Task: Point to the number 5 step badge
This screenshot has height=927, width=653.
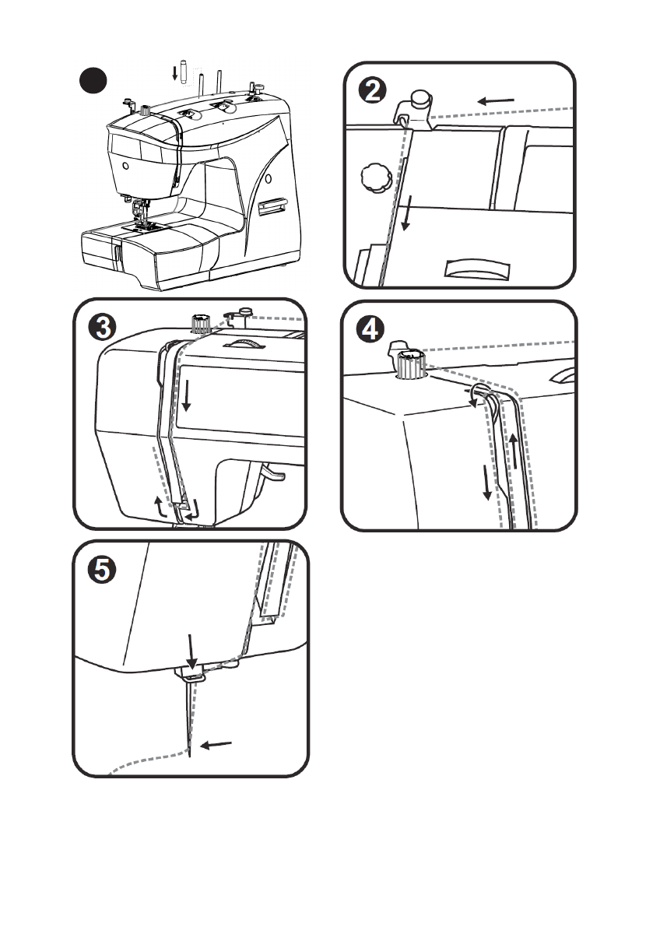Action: coord(102,569)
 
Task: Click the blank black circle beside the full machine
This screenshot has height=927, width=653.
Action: coord(93,80)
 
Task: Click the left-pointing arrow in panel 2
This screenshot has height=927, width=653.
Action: coord(495,100)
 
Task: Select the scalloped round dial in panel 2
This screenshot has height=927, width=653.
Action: coord(373,178)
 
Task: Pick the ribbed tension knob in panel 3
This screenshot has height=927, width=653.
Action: coord(202,321)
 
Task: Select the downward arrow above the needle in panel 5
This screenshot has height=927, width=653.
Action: coord(192,650)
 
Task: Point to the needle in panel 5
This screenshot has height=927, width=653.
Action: coord(188,716)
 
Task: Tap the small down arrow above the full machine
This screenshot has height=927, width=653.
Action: coord(175,73)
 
